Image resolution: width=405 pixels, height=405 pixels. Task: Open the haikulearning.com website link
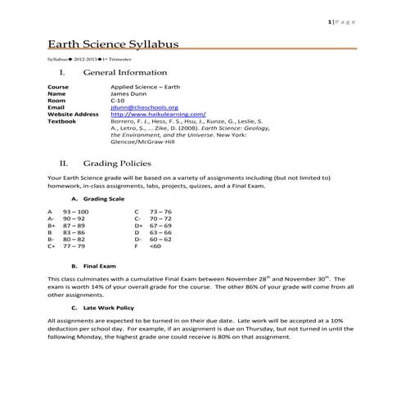pyautogui.click(x=158, y=114)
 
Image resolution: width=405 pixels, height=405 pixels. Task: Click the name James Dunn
pyautogui.click(x=131, y=92)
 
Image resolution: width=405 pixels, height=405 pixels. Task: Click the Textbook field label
pyautogui.click(x=62, y=121)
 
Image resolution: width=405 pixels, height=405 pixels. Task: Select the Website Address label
pyautogui.click(x=73, y=114)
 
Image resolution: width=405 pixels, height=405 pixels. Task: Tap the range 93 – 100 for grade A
pyautogui.click(x=75, y=211)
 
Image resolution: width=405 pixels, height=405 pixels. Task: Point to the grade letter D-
pyautogui.click(x=138, y=238)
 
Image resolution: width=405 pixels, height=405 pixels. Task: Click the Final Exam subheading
pyautogui.click(x=97, y=265)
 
